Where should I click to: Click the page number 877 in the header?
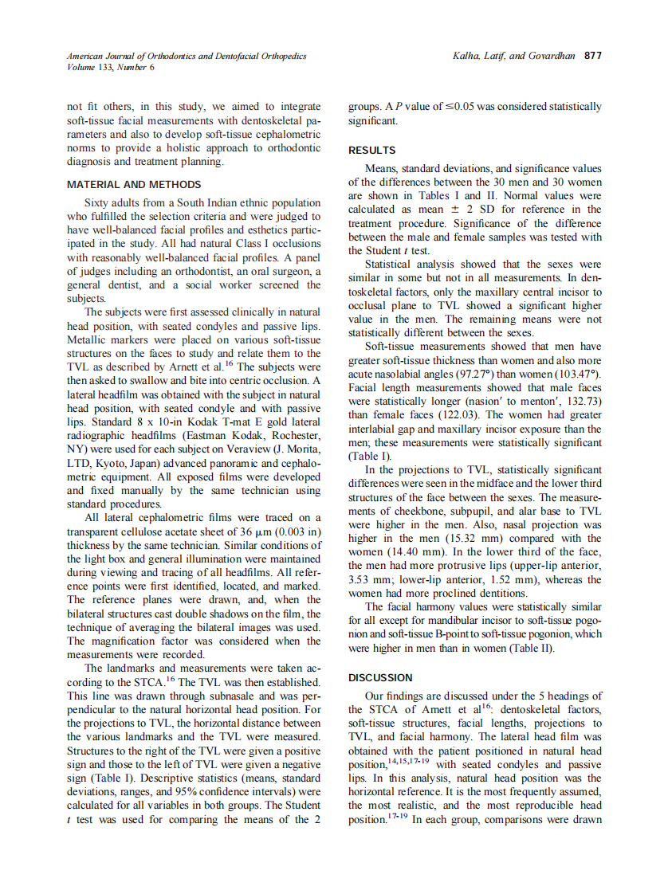coord(592,56)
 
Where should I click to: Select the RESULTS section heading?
coord(371,150)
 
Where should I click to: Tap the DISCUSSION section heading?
coord(381,677)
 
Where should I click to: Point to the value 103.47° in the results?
coord(580,374)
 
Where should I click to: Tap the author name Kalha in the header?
coord(466,56)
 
